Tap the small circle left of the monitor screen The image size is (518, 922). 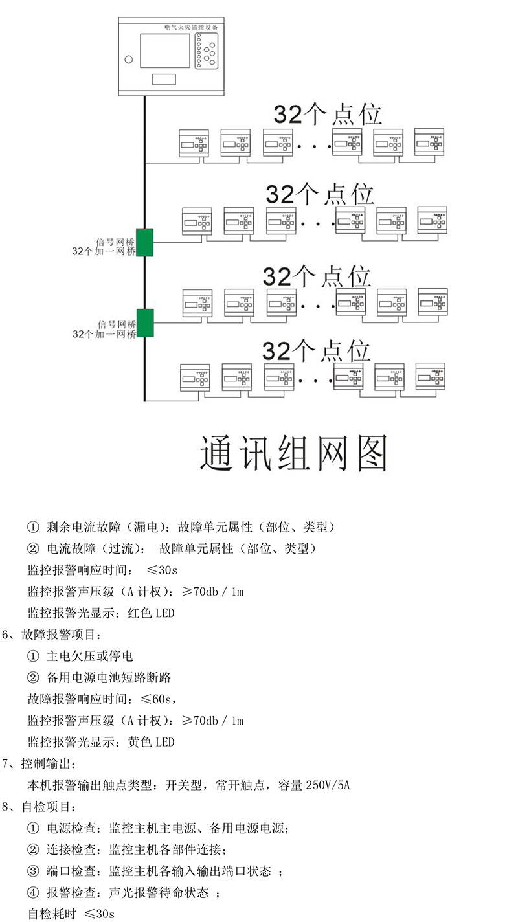[129, 61]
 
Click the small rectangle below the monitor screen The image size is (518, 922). [164, 80]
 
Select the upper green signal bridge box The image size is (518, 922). [145, 242]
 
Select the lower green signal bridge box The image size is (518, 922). [145, 323]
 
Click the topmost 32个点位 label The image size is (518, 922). [328, 115]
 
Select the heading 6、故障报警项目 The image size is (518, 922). [52, 635]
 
